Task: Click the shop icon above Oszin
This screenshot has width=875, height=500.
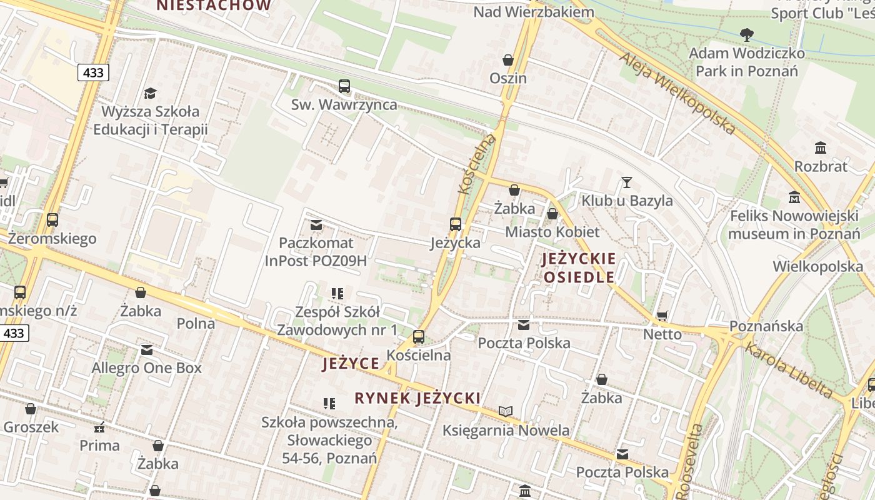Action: click(508, 60)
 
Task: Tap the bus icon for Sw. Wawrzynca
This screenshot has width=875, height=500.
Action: click(344, 86)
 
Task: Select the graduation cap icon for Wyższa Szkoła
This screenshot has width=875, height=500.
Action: click(150, 93)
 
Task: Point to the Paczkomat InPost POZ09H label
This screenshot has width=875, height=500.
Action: click(316, 252)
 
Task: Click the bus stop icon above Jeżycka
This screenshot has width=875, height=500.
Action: click(456, 224)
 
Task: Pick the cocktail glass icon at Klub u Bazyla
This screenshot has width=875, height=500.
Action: click(627, 182)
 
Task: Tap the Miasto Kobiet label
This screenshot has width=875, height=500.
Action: click(552, 232)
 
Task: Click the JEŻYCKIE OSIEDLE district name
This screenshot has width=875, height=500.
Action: click(579, 267)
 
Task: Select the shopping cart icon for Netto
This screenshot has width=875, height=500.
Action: click(662, 316)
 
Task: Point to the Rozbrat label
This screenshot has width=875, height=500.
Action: click(821, 166)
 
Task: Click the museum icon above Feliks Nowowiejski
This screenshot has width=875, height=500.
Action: click(794, 197)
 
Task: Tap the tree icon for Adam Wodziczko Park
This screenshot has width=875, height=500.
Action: click(746, 34)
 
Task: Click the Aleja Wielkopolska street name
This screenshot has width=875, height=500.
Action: click(677, 93)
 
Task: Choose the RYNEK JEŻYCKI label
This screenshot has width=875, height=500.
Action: click(417, 398)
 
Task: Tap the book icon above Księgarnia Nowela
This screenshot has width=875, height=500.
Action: click(506, 411)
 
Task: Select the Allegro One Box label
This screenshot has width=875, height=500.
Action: click(147, 368)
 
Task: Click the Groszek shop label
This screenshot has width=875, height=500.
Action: click(31, 427)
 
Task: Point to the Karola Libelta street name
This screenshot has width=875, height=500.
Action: click(789, 370)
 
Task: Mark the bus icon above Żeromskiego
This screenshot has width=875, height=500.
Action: click(52, 220)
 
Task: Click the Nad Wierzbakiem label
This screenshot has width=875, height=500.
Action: click(533, 12)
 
